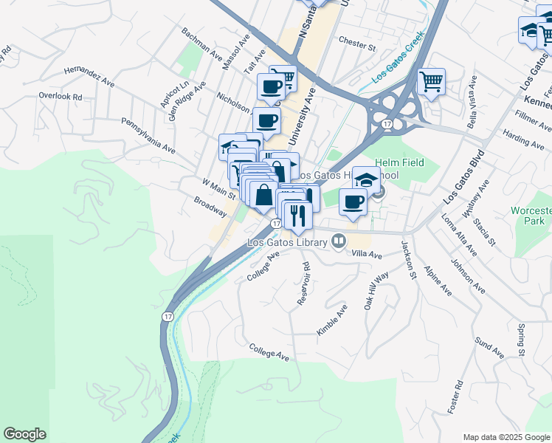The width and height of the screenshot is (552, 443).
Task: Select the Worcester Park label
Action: (x=531, y=216)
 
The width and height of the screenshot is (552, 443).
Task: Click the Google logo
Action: (x=24, y=434)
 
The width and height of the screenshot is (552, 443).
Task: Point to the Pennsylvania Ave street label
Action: (x=148, y=134)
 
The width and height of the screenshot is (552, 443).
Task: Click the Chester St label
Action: (x=357, y=44)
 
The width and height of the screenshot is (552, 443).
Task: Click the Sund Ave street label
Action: (x=489, y=347)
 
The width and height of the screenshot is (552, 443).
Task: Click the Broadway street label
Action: (x=210, y=206)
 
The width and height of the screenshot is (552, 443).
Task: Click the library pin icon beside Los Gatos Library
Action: (x=339, y=241)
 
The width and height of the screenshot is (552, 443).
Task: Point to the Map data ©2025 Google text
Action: (x=506, y=436)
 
